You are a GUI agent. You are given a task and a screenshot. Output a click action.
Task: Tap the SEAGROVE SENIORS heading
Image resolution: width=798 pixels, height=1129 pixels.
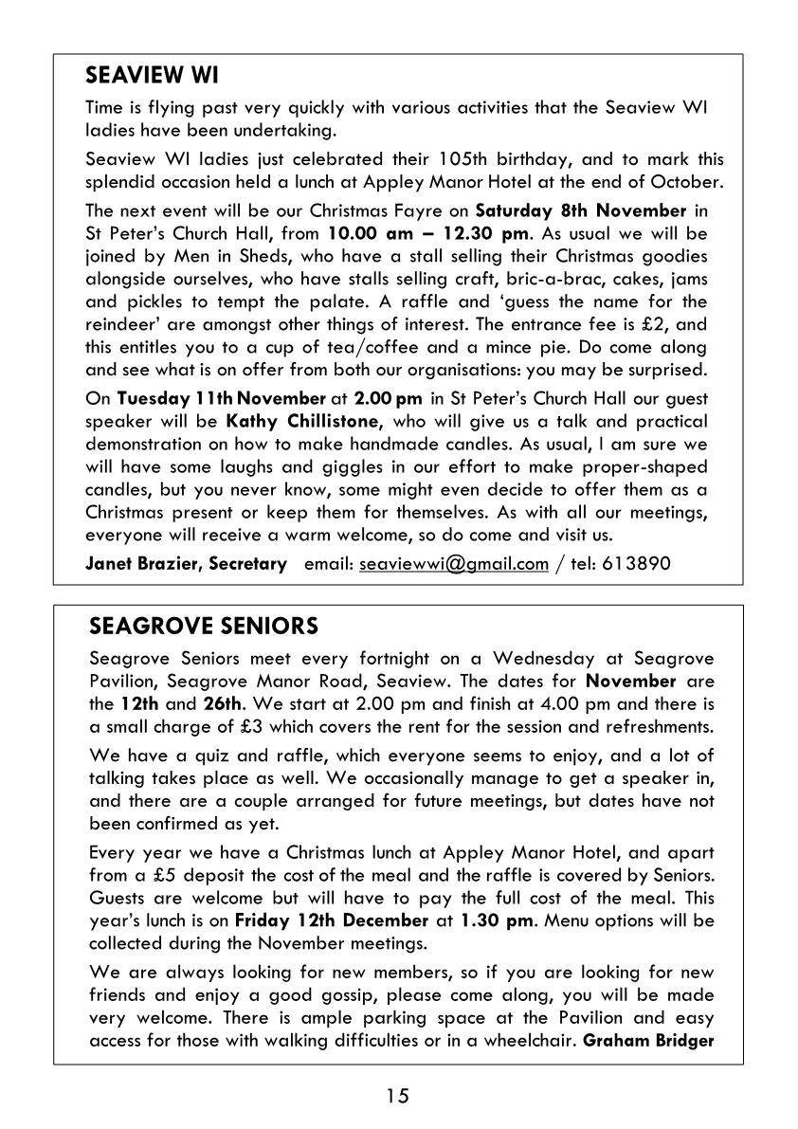pos(204,627)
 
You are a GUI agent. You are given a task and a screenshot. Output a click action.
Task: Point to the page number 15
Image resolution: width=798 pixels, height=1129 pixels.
pos(398,1097)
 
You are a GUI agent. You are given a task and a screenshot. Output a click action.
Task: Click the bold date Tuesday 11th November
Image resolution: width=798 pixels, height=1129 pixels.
pos(208,398)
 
